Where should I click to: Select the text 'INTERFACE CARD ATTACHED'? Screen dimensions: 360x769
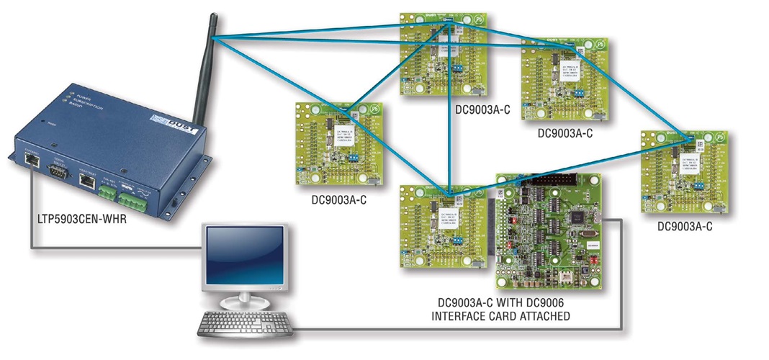504,316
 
